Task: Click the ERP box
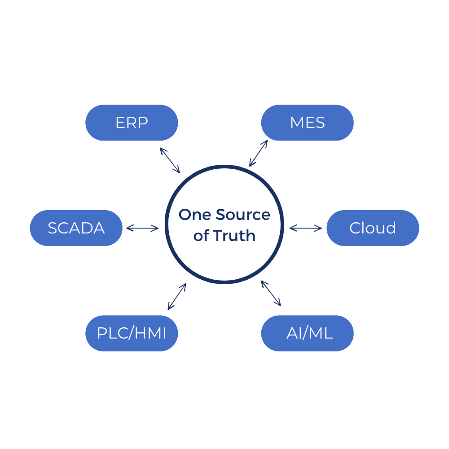click(132, 123)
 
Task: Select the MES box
click(307, 123)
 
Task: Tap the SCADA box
click(76, 228)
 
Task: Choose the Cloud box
click(373, 228)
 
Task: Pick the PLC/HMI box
click(132, 333)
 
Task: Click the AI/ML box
click(307, 333)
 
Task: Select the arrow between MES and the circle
click(259, 153)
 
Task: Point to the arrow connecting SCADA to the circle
click(142, 229)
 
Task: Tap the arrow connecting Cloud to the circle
click(306, 229)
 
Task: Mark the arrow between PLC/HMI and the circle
click(177, 296)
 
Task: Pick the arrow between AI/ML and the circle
click(271, 294)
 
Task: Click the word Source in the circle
click(243, 215)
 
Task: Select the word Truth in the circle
click(234, 236)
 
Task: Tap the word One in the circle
click(195, 215)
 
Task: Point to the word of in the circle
click(202, 236)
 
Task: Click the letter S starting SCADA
click(53, 228)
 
